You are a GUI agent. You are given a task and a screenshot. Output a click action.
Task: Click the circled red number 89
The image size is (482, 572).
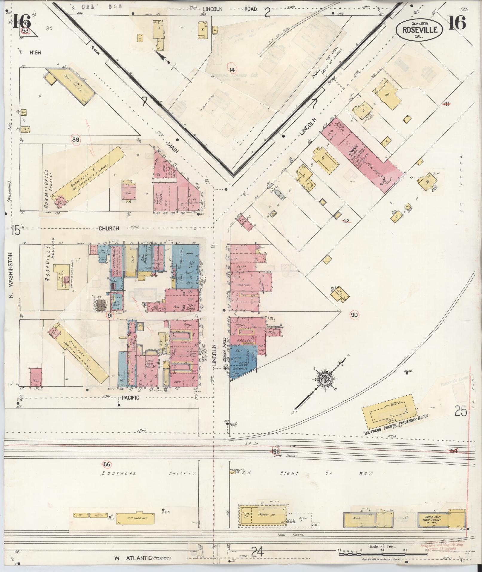coord(76,139)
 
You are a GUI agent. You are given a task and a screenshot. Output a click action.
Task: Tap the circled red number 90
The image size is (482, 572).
coord(354,315)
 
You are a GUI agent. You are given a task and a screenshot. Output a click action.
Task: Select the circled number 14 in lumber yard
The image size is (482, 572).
coord(232,70)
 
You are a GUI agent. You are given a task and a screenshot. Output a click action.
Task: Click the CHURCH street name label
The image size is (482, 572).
coord(109,228)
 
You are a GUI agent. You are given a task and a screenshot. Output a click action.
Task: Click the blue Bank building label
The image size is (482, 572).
coord(189,253)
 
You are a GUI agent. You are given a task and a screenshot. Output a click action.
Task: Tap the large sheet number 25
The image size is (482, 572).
coord(460,412)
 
